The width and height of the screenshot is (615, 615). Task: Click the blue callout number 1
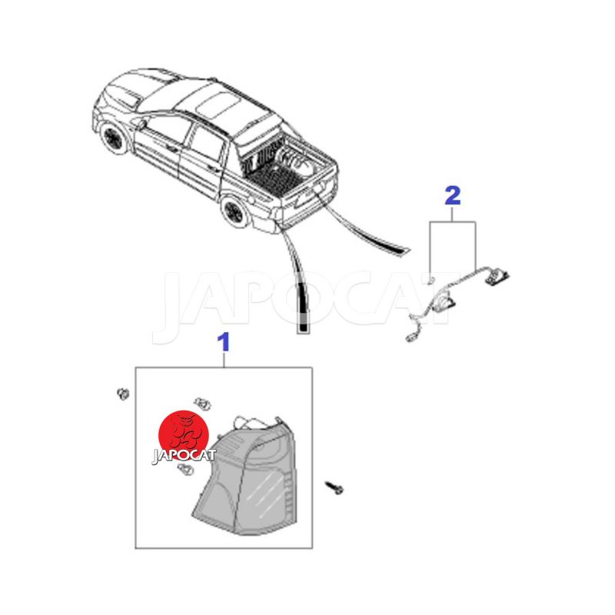[x=224, y=342]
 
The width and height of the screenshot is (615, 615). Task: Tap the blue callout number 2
[x=453, y=196]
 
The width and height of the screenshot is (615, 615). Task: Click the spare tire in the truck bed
[x=292, y=161]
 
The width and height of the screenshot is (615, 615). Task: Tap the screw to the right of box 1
[x=334, y=488]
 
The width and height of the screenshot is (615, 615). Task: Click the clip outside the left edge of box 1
[x=123, y=394]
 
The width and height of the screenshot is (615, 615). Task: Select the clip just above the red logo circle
[x=202, y=403]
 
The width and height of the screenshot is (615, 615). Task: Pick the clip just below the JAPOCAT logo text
[x=185, y=470]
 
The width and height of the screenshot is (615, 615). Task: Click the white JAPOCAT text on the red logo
[x=184, y=456]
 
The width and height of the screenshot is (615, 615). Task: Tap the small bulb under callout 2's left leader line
[x=431, y=280]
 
